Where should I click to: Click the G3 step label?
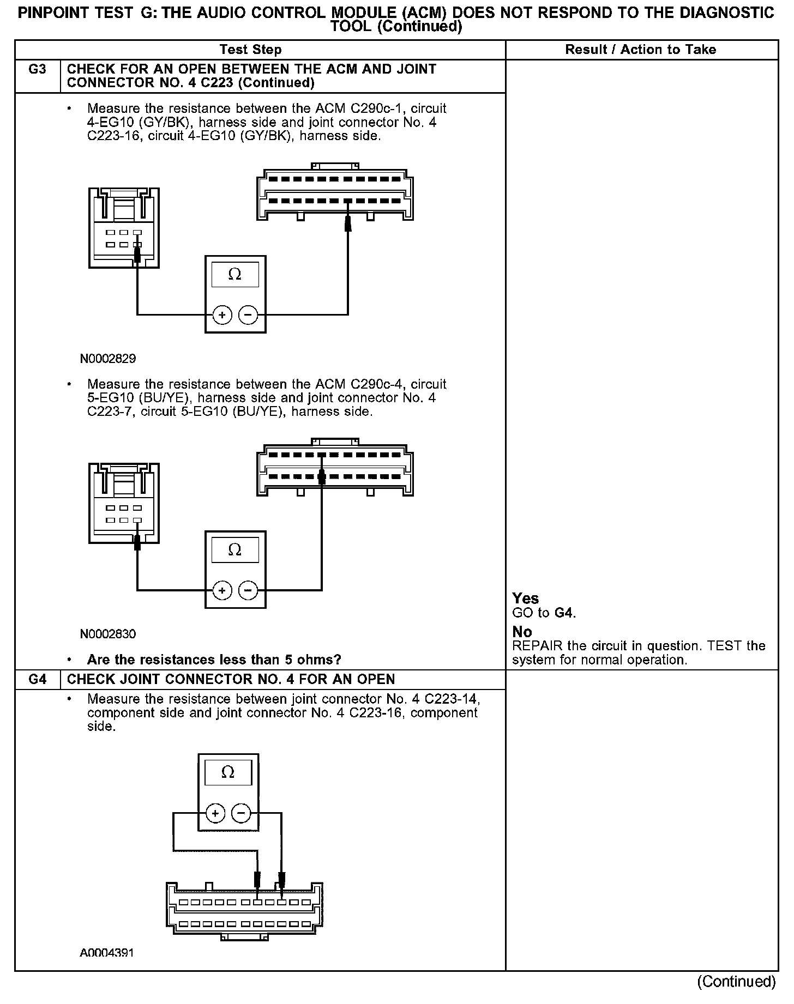pos(37,70)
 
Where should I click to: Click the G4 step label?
pos(37,680)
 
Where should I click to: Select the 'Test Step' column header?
pos(250,50)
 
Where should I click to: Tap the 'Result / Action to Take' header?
pos(640,50)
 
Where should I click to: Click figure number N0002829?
pos(108,359)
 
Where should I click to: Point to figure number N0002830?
pos(108,634)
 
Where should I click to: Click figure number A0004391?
pos(107,953)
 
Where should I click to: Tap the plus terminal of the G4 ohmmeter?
pos(215,814)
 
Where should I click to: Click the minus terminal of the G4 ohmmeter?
pos(241,814)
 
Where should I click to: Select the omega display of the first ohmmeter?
pos(235,275)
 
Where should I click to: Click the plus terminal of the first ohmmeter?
pos(222,314)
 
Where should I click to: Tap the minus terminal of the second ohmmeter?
pos(248,590)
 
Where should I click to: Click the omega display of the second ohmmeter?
pos(235,550)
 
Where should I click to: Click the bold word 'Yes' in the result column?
pos(526,598)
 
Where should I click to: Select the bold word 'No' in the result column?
pos(522,632)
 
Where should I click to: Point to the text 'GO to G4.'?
pos(544,613)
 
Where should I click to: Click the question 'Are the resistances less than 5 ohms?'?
pos(214,660)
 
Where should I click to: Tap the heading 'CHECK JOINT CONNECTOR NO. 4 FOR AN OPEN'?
pos(231,680)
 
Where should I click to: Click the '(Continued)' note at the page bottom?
pos(736,982)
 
